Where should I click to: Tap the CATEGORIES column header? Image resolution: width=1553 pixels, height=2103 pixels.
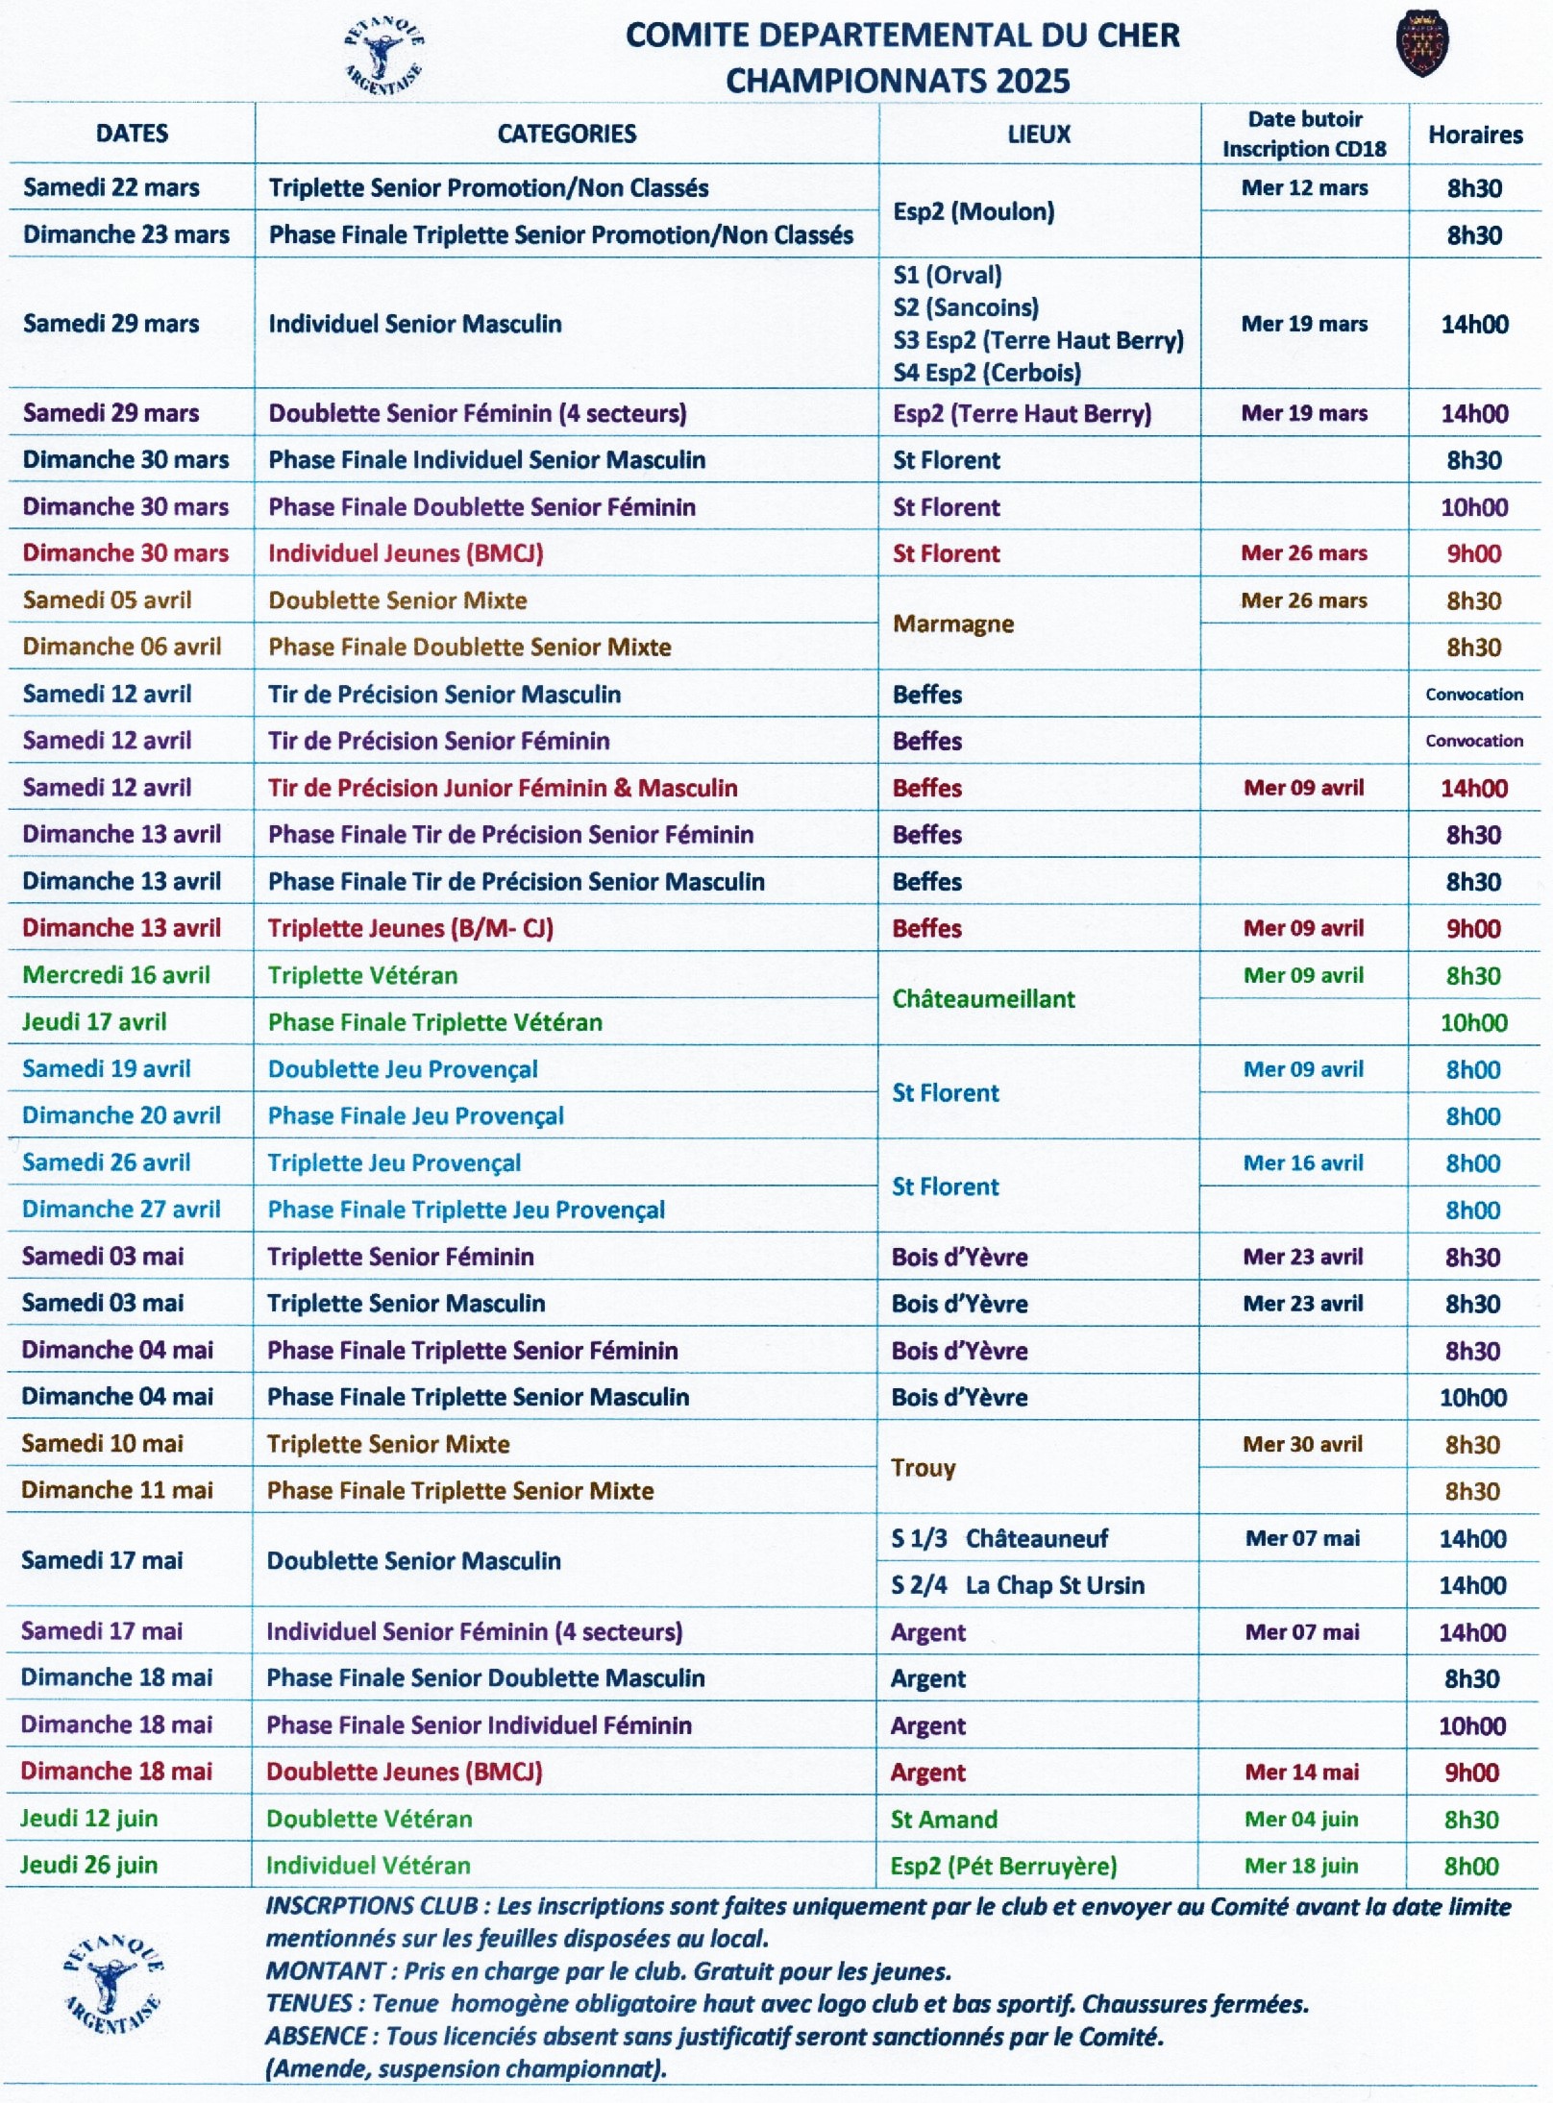(566, 134)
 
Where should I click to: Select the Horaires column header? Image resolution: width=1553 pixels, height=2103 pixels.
(1474, 134)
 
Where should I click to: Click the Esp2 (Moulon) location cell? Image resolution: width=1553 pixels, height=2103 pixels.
(973, 211)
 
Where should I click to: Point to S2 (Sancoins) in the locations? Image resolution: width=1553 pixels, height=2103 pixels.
(965, 307)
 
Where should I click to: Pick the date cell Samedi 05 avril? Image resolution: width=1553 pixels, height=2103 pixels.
(107, 600)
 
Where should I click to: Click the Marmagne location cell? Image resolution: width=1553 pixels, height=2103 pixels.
(952, 624)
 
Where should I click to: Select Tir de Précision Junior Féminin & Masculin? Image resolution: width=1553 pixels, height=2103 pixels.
(502, 788)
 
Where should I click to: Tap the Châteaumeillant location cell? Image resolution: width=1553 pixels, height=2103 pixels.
(982, 999)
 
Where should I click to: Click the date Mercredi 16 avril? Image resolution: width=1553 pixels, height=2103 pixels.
(115, 975)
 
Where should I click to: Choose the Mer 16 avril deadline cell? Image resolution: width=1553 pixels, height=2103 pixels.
(1302, 1162)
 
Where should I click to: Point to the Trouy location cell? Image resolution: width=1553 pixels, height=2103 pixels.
(923, 1467)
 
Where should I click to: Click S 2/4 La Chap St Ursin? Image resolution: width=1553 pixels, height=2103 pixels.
(1017, 1585)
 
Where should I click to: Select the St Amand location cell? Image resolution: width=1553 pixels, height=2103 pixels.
(943, 1819)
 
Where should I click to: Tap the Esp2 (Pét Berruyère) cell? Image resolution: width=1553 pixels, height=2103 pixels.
(1002, 1866)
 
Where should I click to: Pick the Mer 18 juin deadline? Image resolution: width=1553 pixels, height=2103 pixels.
(1300, 1866)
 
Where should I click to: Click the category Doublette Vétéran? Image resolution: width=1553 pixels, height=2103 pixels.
(369, 1819)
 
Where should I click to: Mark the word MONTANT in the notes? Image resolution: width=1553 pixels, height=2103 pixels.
(325, 1971)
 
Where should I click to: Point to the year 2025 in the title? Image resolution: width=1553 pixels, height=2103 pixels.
(1032, 82)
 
